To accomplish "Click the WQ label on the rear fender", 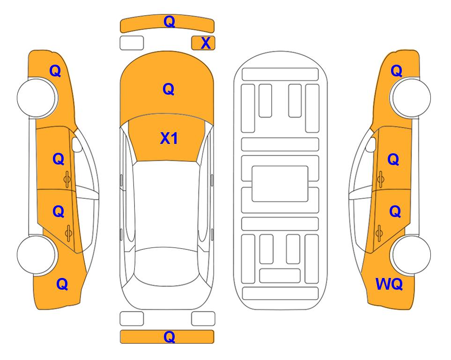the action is [x=389, y=284].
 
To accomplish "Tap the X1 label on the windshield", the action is [x=169, y=138].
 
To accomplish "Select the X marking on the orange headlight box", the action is [x=206, y=43].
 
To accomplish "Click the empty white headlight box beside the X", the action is [x=132, y=43].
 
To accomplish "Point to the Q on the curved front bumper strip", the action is [x=169, y=22].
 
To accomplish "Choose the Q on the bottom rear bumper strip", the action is [x=169, y=337].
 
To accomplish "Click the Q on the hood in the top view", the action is [x=169, y=89].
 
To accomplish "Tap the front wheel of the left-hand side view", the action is [x=37, y=98].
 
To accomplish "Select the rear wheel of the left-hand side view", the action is [x=37, y=255].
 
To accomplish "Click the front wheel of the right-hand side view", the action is [x=410, y=98].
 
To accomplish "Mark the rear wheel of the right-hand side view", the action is [x=410, y=255].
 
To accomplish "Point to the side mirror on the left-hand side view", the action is [x=77, y=144].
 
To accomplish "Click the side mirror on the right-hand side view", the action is [x=371, y=144].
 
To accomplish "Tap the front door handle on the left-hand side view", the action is [x=67, y=179].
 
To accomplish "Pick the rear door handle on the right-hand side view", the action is [x=379, y=233].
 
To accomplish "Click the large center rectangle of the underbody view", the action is [x=280, y=184].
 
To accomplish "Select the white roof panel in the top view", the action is [x=167, y=205].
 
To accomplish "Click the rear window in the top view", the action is [x=167, y=266].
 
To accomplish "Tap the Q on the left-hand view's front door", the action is [x=59, y=159].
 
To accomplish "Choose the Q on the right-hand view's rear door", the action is [x=395, y=212].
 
